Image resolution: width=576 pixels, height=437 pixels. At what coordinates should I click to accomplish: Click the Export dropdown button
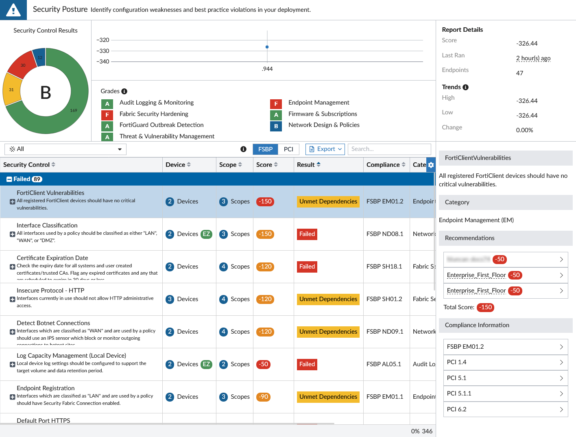pos(325,149)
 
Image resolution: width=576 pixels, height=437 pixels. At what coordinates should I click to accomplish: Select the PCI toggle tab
pos(288,149)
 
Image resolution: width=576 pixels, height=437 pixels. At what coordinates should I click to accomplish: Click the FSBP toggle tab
pos(265,149)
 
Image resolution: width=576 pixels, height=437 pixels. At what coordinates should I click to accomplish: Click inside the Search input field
pos(389,149)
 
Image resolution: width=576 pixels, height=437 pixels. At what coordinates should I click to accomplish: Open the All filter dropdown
pos(65,149)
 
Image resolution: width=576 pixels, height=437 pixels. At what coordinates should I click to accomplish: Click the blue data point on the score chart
pos(267,47)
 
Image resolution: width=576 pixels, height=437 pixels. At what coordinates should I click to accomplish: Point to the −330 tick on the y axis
pos(103,51)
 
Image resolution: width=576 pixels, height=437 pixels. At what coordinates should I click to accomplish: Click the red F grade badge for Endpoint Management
pos(276,104)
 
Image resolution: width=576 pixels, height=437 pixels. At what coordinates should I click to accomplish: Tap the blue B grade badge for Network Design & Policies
pos(276,126)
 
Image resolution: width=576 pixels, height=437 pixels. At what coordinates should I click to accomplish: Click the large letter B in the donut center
pos(46,93)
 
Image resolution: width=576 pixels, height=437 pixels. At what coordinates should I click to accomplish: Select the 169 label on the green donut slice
pos(74,110)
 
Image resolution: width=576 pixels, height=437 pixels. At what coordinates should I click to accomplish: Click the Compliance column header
pos(383,165)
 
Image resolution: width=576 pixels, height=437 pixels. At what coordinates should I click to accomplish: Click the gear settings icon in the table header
pos(431,165)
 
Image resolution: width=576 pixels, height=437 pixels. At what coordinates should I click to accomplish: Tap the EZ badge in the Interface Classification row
pos(206,234)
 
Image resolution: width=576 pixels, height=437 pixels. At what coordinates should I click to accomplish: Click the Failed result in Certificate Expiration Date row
pos(307,267)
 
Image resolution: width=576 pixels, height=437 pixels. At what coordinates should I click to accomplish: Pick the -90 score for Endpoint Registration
pos(264,397)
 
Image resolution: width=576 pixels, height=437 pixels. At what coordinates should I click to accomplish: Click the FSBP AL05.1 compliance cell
pos(384,364)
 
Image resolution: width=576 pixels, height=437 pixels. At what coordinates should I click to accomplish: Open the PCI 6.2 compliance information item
pos(505,409)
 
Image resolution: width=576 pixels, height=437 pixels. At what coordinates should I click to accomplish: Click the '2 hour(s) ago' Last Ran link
pos(533,58)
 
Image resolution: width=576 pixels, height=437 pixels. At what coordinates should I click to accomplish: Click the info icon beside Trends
pos(465,87)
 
